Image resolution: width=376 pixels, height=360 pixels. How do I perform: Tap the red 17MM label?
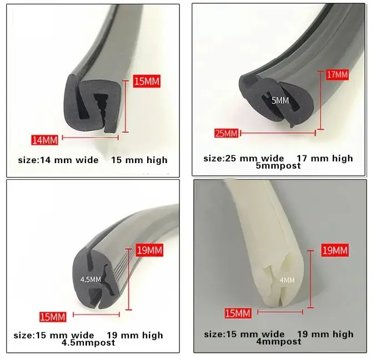point(337,74)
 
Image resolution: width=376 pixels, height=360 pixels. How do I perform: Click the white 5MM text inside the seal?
point(280,100)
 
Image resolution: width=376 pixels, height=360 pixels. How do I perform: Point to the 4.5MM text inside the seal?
point(91,280)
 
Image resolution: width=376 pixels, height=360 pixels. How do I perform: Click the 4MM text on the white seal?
point(287,280)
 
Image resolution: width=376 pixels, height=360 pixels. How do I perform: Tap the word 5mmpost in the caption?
point(278,165)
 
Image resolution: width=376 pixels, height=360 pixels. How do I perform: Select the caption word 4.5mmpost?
point(88,343)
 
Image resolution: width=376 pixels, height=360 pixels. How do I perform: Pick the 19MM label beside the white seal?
point(335,251)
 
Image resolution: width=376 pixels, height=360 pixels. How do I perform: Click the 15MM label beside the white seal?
point(237,314)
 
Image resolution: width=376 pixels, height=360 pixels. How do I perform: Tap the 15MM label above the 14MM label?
point(147,82)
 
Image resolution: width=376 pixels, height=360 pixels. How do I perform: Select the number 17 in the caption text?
point(303,158)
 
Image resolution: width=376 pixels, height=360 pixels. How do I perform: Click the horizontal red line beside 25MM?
point(278,133)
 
